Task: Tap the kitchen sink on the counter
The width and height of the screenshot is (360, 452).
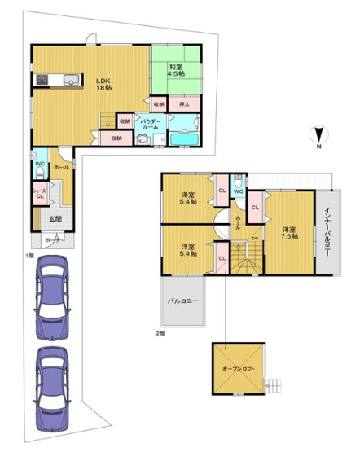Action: (69, 79)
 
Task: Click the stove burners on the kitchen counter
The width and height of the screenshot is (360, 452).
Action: (42, 79)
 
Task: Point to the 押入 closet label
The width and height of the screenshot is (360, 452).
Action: (185, 104)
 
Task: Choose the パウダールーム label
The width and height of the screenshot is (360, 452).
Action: (154, 122)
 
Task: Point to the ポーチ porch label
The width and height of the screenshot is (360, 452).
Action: (53, 241)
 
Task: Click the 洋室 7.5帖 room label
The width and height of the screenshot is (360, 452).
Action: (289, 232)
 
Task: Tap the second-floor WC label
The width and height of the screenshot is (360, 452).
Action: (239, 192)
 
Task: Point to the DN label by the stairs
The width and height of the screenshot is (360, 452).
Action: (254, 237)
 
